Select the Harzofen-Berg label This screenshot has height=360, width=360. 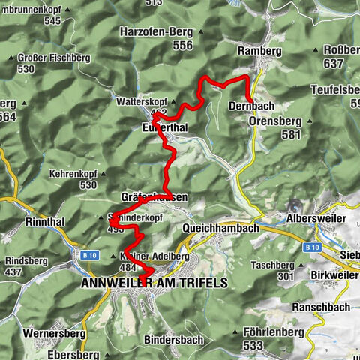pyautogui.click(x=156, y=32)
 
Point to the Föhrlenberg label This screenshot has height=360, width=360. pyautogui.click(x=273, y=331)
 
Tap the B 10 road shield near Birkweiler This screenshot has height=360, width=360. pyautogui.click(x=313, y=246)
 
